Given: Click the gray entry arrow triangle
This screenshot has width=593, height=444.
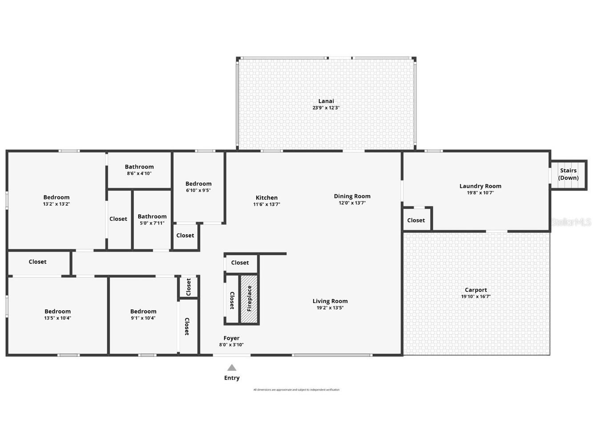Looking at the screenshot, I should coord(232,368).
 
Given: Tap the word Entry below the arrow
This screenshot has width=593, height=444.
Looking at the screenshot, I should coord(232,378).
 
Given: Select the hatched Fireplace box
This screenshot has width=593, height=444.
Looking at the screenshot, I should coord(249,299).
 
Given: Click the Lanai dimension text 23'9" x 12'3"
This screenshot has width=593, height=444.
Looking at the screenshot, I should coord(326,108).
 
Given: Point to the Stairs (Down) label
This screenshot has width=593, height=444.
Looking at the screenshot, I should coord(569,174).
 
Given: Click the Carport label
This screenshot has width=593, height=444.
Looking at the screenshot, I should coord(476,290).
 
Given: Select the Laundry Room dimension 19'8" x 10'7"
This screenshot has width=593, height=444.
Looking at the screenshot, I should coord(480,193).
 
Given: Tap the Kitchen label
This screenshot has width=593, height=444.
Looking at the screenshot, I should coord(266,198).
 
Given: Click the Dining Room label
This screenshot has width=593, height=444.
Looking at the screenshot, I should coord(352,196).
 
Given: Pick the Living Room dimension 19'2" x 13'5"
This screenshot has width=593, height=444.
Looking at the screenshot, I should coord(330,308).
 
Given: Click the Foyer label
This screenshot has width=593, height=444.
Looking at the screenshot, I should coord(231,338).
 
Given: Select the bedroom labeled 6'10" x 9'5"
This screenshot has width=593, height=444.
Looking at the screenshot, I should coord(198,187).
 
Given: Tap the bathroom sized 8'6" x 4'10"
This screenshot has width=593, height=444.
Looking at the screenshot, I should coord(139,170).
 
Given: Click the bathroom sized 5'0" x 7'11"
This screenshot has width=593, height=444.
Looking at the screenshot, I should coord(152,220).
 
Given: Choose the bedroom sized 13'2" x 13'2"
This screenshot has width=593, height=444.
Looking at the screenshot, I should coord(56,200).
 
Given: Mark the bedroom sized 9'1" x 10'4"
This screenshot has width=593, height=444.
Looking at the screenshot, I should coord(143,315).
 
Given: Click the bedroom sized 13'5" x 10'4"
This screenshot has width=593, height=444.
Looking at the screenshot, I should coord(57,315).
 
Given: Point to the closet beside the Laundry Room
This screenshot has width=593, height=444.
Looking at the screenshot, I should coord(416,220).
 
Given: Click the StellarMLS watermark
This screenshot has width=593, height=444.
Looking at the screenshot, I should coord(571,222).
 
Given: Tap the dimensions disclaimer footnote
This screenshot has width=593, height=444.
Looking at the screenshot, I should coord(296,390).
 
